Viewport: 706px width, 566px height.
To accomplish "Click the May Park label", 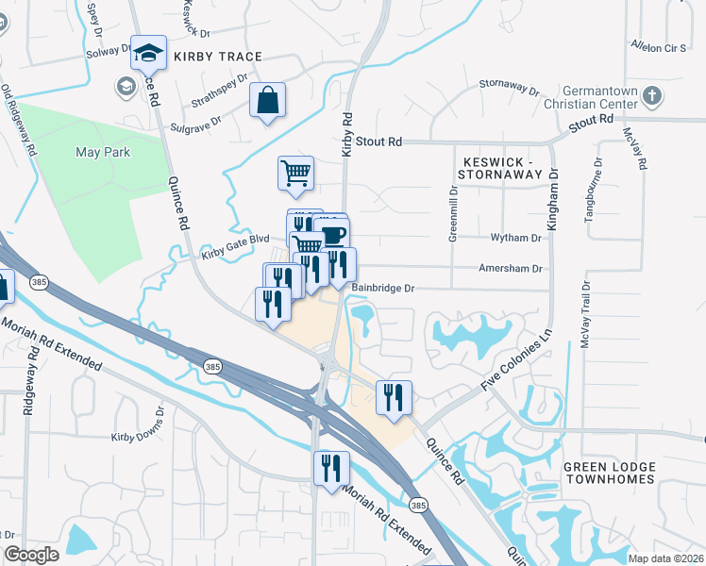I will pos(103,152).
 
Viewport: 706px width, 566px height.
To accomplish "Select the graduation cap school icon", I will pos(148,53).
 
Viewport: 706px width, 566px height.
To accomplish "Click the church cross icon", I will pos(651,95).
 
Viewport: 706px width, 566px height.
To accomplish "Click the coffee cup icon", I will pos(332,235).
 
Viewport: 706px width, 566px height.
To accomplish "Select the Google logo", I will pos(31,555).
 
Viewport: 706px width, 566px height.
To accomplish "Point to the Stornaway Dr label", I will pos(508,89).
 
